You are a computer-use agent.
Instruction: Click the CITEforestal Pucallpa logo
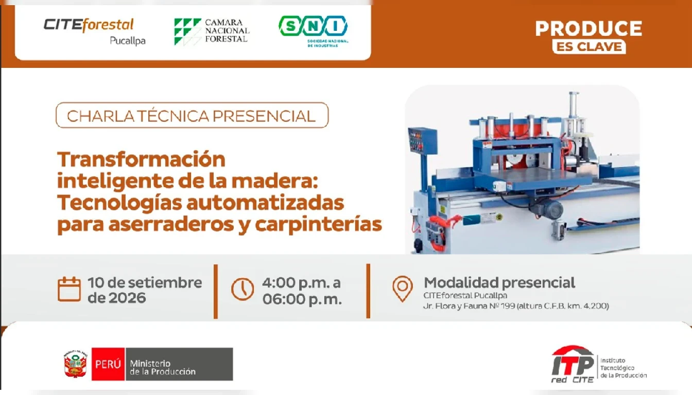pyautogui.click(x=95, y=32)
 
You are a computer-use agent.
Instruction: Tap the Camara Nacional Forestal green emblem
pyautogui.click(x=187, y=32)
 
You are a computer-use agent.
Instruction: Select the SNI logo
pyautogui.click(x=313, y=31)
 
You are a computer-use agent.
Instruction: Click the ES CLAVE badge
pyautogui.click(x=589, y=47)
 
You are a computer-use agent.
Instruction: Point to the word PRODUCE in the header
pyautogui.click(x=589, y=28)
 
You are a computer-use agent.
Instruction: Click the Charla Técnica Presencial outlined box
pyautogui.click(x=192, y=115)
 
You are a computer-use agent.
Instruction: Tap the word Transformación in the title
pyautogui.click(x=141, y=159)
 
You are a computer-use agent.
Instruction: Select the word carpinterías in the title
pyautogui.click(x=319, y=225)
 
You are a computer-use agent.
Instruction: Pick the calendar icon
pyautogui.click(x=69, y=289)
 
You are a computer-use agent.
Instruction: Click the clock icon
pyautogui.click(x=243, y=289)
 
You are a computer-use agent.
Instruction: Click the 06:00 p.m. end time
pyautogui.click(x=302, y=299)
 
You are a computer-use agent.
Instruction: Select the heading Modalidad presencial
pyautogui.click(x=499, y=283)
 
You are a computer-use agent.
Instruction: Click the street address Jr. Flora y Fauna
pyautogui.click(x=516, y=306)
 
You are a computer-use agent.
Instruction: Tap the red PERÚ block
pyautogui.click(x=108, y=364)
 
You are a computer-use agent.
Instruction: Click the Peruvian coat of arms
pyautogui.click(x=75, y=364)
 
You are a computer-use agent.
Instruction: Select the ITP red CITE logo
pyautogui.click(x=599, y=364)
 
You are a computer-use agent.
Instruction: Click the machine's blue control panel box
pyautogui.click(x=423, y=141)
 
